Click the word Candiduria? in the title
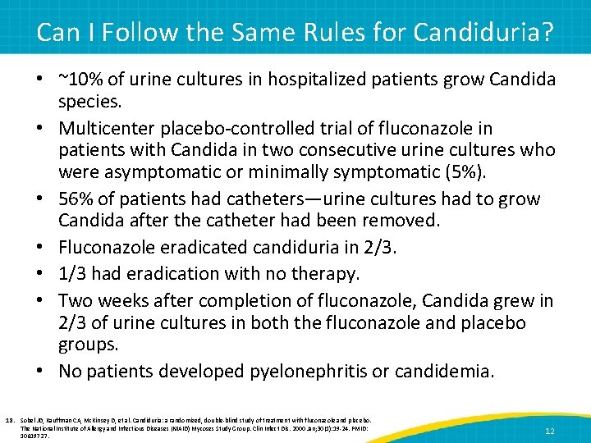coord(483,33)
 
